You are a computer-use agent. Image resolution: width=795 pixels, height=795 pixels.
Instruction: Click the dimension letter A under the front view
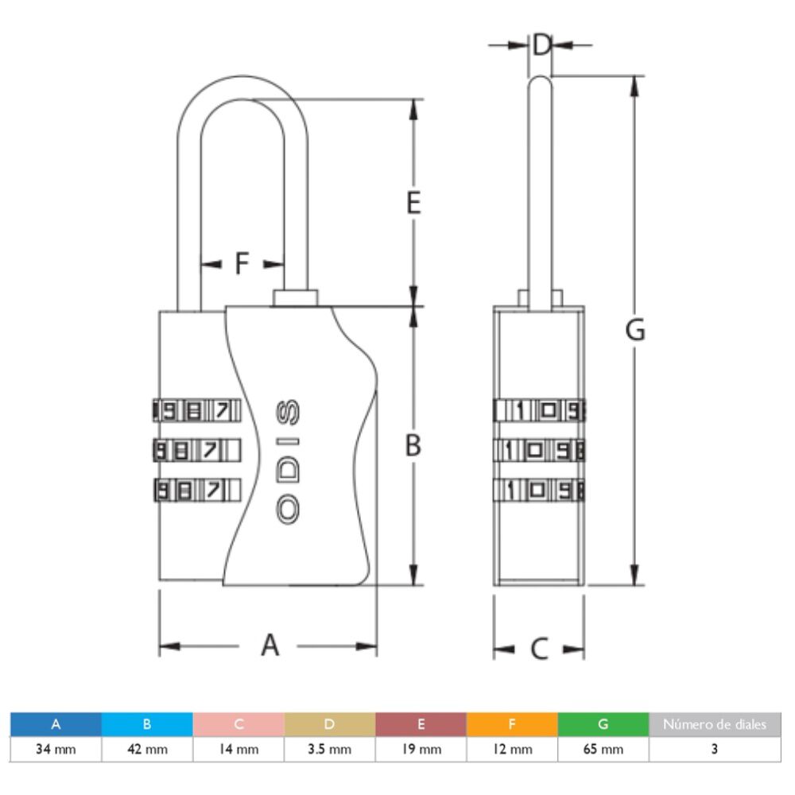271,645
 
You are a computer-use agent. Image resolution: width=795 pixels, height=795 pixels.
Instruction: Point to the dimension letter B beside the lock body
413,447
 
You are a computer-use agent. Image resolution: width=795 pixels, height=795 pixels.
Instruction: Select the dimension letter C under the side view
539,650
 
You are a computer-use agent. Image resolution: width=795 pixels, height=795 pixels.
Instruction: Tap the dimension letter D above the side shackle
541,45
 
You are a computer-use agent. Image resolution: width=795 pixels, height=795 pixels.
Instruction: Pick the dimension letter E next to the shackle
413,204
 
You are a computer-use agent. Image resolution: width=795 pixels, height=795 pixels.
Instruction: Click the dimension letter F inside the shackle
242,263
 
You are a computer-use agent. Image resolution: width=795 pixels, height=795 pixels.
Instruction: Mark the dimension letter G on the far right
634,329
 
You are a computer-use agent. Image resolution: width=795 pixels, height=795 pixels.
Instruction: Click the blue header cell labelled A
56,724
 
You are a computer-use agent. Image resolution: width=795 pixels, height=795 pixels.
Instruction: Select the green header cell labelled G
603,724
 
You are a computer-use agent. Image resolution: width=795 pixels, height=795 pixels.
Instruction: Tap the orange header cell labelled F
512,724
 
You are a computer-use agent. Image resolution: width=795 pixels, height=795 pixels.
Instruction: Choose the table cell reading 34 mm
56,750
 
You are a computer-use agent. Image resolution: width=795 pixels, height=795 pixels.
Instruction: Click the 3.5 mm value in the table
330,750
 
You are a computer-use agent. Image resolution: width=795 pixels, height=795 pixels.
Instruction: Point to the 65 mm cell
603,750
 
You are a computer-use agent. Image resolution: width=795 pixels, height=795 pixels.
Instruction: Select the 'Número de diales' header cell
715,724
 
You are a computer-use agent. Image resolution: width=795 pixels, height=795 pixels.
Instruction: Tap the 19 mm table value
421,750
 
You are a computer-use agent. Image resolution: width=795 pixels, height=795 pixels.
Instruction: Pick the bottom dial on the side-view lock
541,490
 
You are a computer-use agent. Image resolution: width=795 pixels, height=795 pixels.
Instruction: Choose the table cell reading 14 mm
238,750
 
